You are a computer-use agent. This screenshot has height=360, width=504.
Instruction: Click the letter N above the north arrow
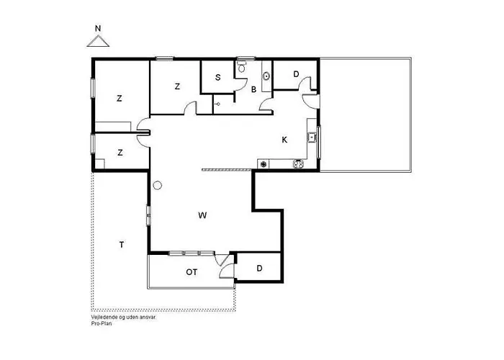click(x=98, y=29)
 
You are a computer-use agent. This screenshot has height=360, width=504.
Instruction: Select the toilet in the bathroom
click(x=242, y=66)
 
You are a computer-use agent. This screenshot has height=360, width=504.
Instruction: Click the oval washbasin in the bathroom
click(x=266, y=76)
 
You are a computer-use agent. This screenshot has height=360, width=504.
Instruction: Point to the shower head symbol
click(x=217, y=104)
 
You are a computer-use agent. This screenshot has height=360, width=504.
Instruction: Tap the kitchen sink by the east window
click(x=312, y=138)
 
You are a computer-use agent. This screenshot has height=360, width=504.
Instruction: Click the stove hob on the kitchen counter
click(x=299, y=163)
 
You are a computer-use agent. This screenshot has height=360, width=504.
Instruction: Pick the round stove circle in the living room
click(x=158, y=185)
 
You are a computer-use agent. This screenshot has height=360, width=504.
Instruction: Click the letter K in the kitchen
click(x=284, y=140)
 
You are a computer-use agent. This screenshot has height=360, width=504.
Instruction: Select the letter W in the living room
click(x=202, y=215)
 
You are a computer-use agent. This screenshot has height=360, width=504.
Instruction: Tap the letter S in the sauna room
click(x=218, y=78)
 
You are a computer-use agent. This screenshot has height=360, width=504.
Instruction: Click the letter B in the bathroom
click(x=254, y=90)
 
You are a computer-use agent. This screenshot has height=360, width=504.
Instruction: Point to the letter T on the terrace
click(x=122, y=245)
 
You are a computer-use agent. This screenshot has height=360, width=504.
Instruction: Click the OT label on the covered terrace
click(x=192, y=272)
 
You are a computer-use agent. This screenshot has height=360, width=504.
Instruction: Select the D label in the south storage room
click(x=260, y=268)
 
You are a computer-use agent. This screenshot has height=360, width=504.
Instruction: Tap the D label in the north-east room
click(x=296, y=74)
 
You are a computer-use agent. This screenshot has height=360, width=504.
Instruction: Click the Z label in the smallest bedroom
click(x=120, y=153)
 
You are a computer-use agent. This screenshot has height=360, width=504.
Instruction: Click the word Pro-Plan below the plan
click(x=102, y=323)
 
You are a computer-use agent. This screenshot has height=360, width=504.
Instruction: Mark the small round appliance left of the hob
click(x=264, y=164)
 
